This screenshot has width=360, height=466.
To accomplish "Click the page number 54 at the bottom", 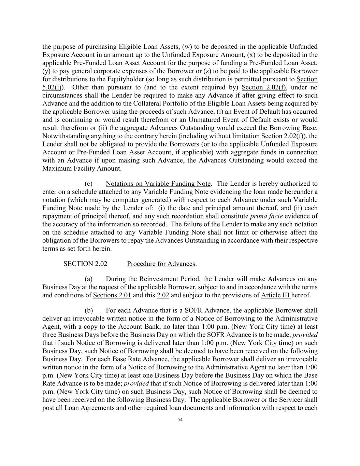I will click(180, 420).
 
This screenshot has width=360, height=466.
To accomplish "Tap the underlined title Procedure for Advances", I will click(161, 264).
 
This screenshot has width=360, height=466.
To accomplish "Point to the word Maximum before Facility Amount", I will click(56, 168).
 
